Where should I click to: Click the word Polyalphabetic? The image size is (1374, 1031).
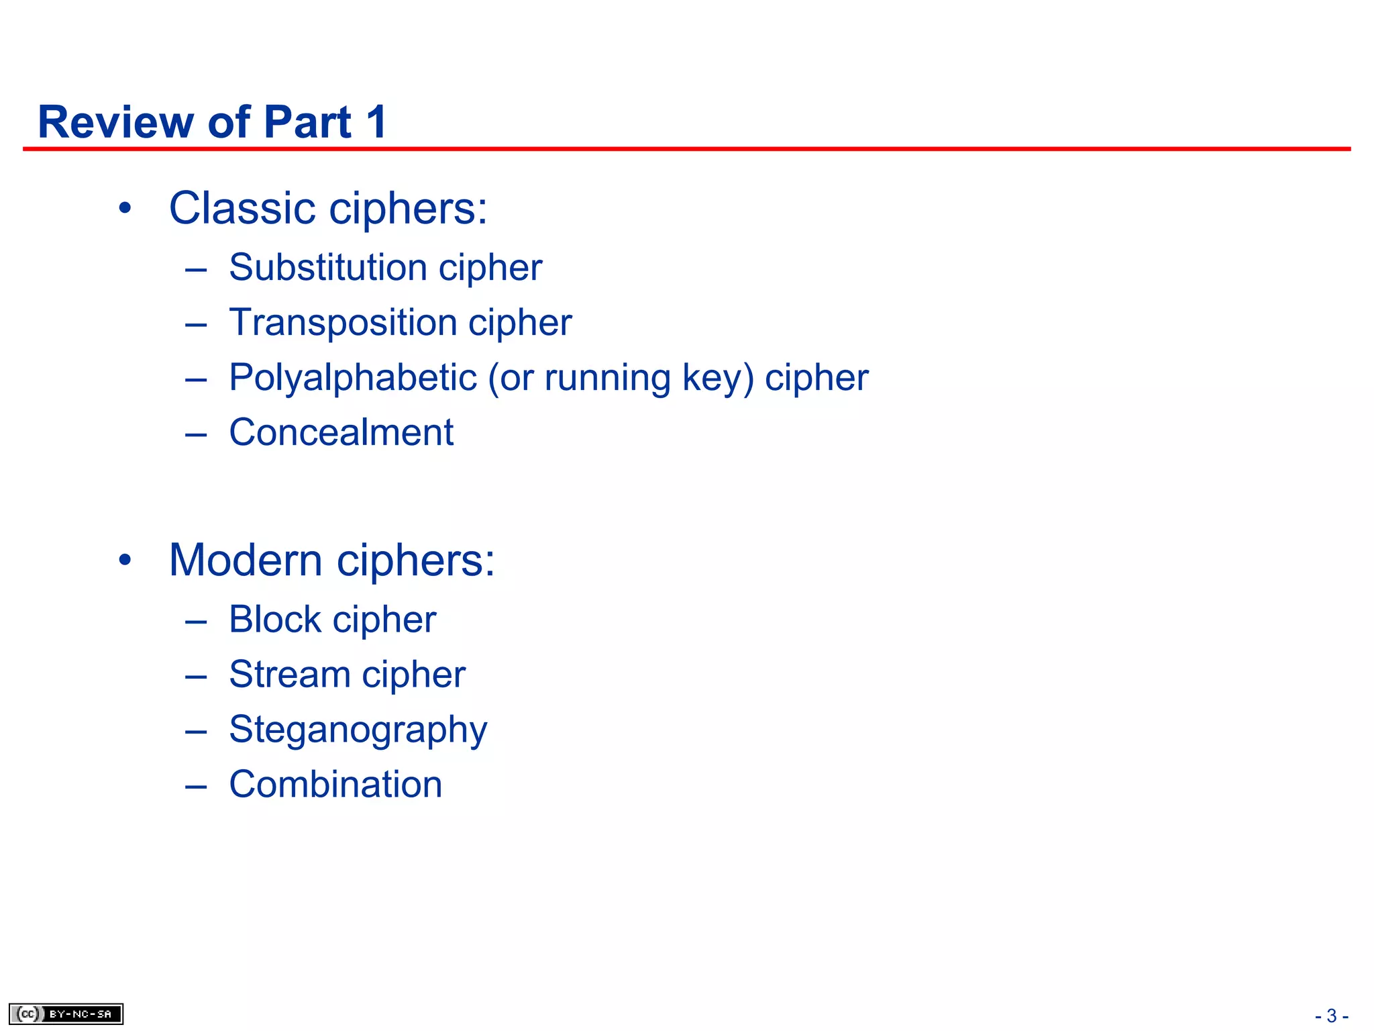tap(353, 377)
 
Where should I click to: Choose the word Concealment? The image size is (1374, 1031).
tap(341, 432)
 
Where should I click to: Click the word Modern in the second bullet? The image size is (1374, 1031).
tap(246, 560)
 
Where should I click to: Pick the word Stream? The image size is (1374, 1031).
tap(289, 674)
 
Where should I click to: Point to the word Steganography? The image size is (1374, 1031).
tap(358, 730)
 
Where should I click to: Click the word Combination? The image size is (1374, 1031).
tap(335, 784)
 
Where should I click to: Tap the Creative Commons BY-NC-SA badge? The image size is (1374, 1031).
tap(66, 1014)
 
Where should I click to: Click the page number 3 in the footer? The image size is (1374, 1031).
tap(1332, 1016)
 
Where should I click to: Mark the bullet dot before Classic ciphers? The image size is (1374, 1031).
tap(125, 209)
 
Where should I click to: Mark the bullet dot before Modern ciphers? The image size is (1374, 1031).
tap(125, 560)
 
